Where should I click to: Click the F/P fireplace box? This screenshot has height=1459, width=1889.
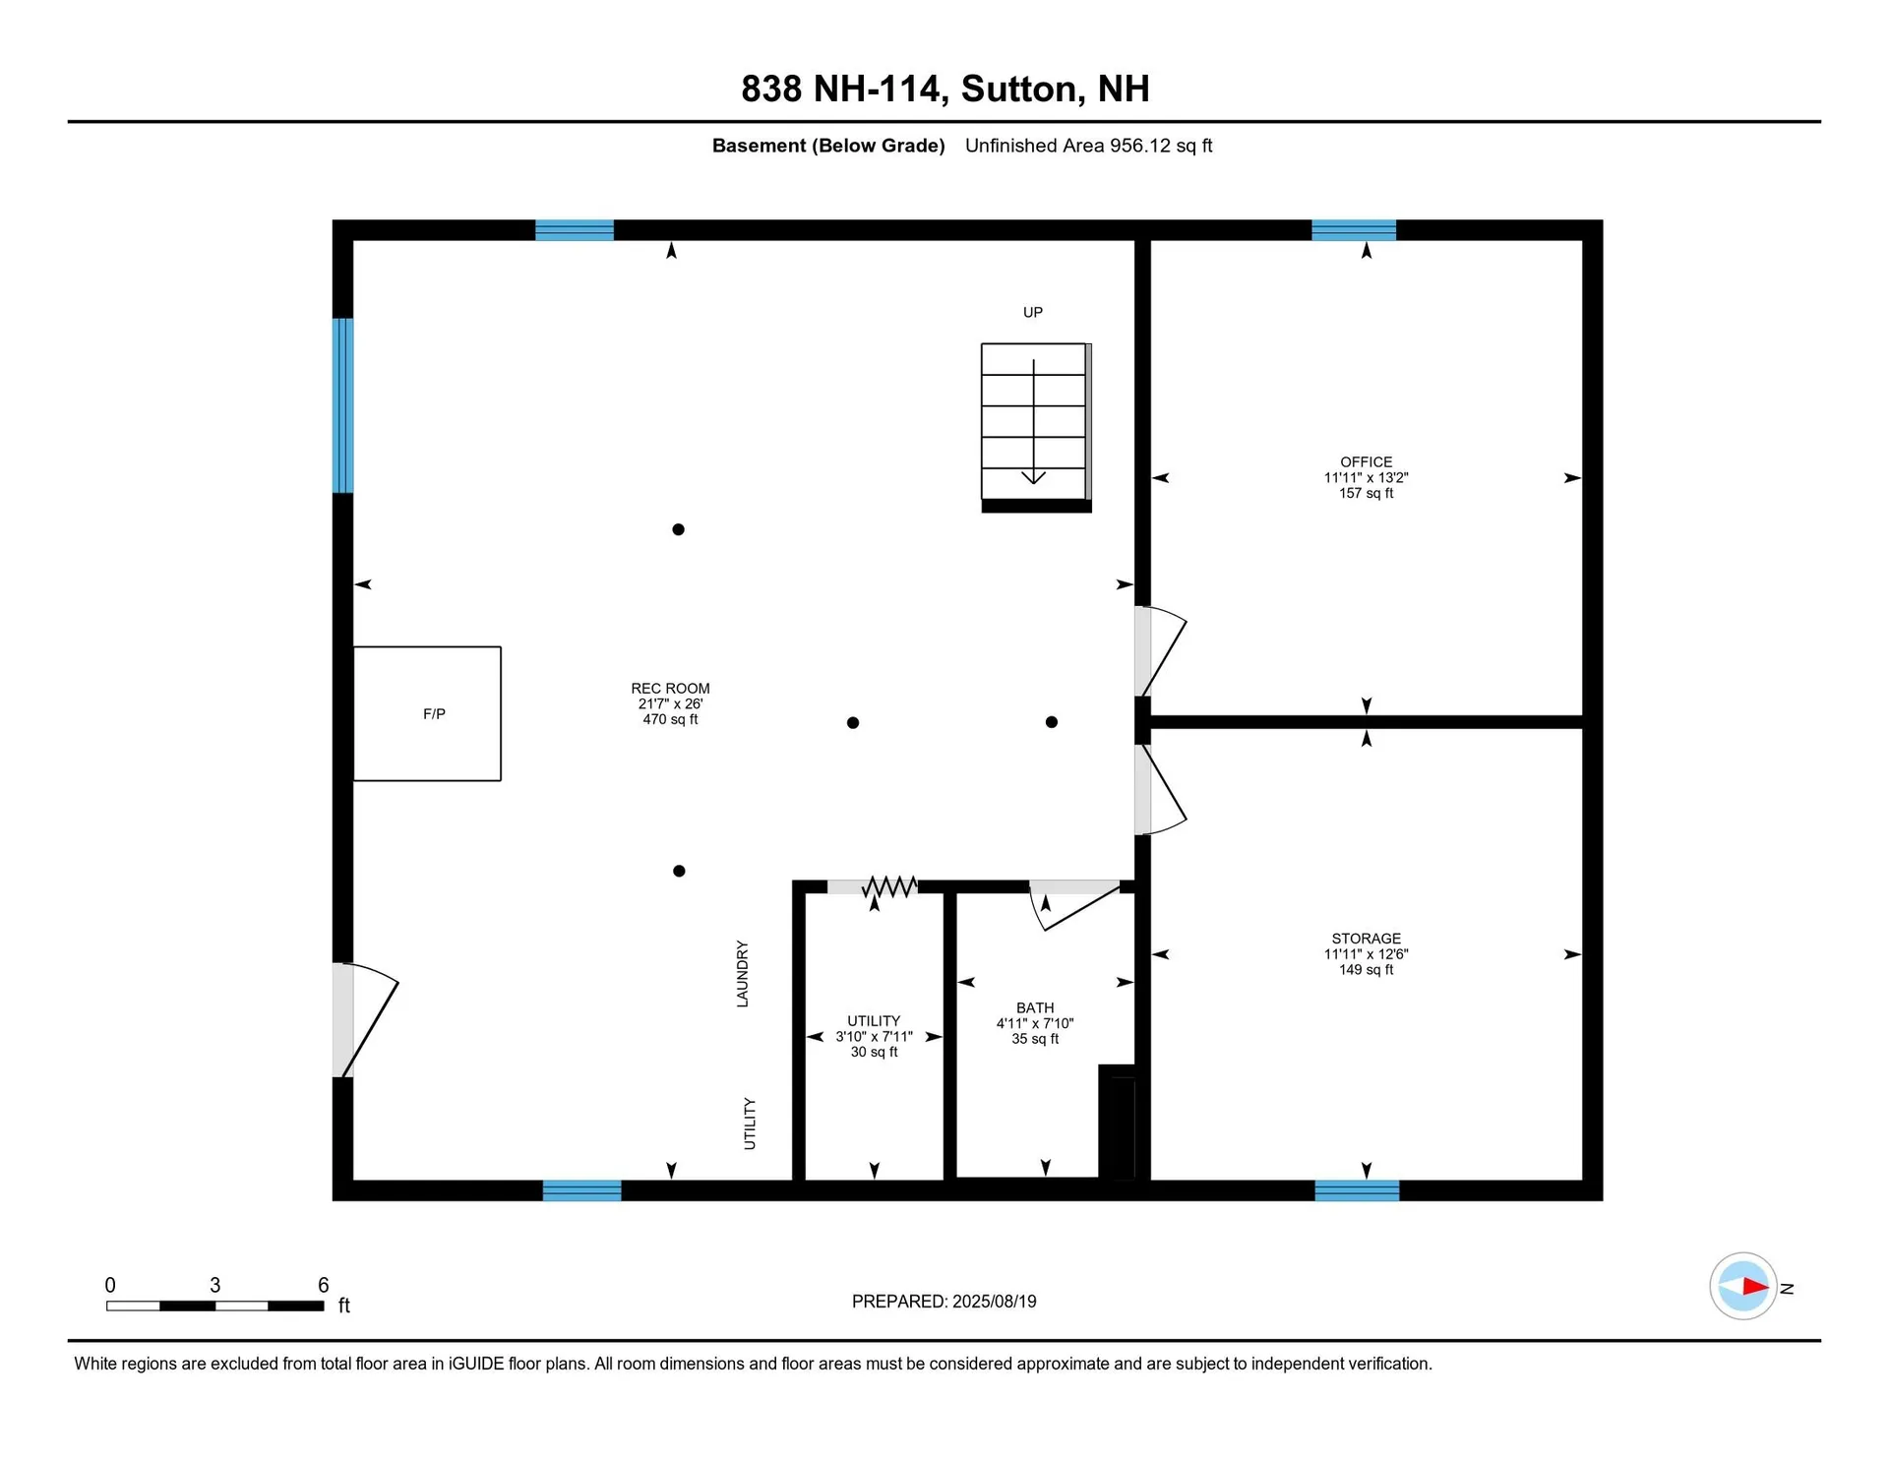(x=427, y=713)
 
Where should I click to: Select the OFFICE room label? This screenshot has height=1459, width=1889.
(x=1366, y=461)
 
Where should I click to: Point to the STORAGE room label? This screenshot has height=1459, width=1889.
(x=1366, y=939)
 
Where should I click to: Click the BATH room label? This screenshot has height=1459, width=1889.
(x=1035, y=1007)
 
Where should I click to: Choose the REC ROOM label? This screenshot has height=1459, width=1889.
(x=670, y=689)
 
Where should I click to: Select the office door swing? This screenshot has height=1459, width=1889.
(x=1161, y=651)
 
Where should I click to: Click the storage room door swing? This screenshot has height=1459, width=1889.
(x=1161, y=789)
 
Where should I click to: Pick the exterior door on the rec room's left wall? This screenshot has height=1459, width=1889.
(x=366, y=1020)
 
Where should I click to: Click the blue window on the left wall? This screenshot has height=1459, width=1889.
(x=342, y=405)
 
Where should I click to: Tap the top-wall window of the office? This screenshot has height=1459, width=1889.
(x=1354, y=230)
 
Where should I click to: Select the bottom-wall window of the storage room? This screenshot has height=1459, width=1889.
(x=1357, y=1190)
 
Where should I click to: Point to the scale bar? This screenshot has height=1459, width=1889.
(x=215, y=1306)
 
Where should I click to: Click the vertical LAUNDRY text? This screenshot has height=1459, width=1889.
(x=743, y=974)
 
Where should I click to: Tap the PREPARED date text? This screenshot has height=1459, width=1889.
(x=944, y=1301)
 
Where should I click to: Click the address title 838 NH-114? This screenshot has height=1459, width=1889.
(x=841, y=89)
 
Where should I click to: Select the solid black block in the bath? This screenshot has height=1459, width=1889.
(x=1117, y=1122)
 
